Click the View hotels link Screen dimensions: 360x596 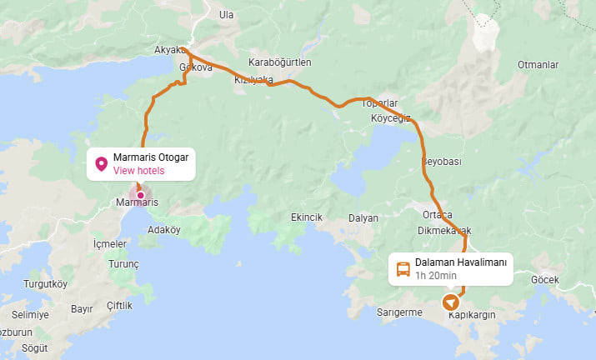pos(139,171)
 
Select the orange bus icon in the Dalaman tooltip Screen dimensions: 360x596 pos(403,268)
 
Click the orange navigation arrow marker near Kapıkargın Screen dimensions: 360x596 pos(451,302)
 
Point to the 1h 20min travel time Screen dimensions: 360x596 pos(436,276)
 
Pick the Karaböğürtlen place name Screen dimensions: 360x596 pos(280,63)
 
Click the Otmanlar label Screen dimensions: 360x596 pos(537,64)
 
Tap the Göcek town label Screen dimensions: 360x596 pos(545,280)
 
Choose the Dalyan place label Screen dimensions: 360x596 pos(363,217)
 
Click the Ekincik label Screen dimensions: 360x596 pos(306,217)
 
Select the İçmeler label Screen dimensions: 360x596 pos(110,244)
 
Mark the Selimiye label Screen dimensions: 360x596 pos(30,314)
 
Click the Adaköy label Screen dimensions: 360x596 pos(163,229)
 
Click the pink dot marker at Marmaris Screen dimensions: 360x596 pos(140,195)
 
